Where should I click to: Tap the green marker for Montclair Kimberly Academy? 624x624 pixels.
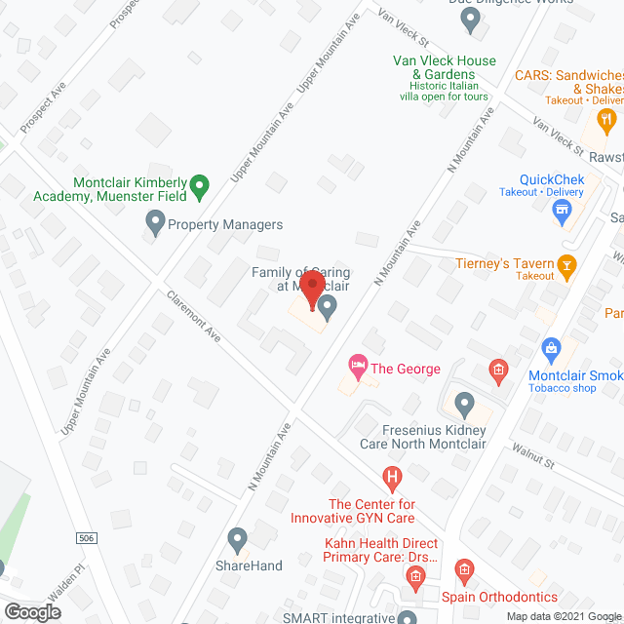point(199,183)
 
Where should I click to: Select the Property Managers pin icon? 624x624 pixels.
point(154,224)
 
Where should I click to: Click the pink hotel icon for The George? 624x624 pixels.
point(358,369)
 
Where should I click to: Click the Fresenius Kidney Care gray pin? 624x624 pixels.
point(464,404)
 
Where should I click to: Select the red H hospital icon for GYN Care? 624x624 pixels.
point(393,478)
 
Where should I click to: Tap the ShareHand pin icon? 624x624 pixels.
point(237,539)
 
